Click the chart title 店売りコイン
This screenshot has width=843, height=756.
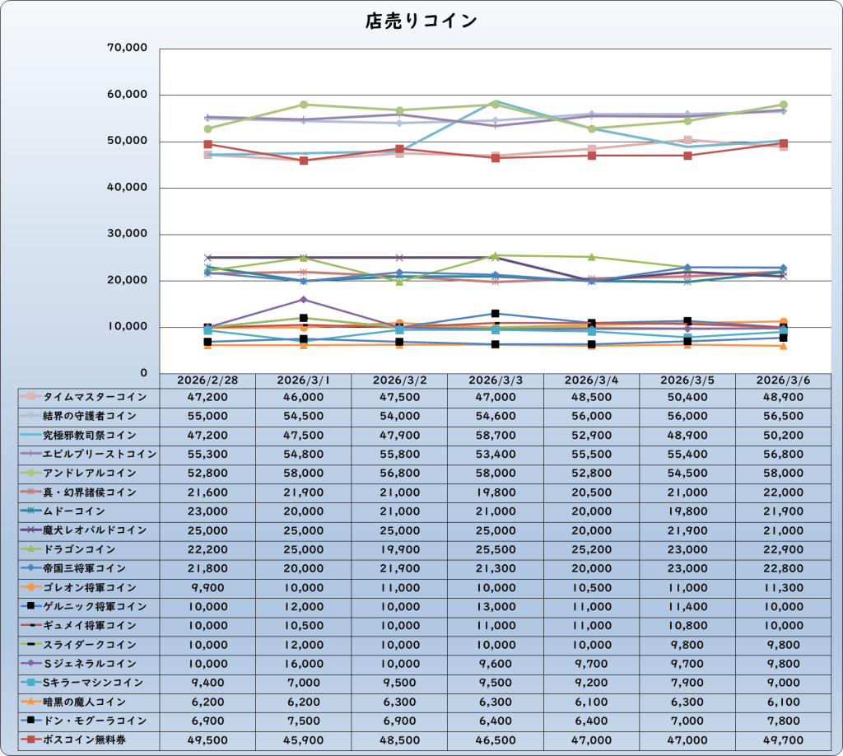[x=421, y=21]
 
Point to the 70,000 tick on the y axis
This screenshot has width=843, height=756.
[x=127, y=49]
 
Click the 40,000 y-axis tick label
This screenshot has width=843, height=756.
[x=127, y=188]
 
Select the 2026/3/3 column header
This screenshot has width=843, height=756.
[x=495, y=380]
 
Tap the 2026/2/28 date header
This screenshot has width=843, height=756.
[x=207, y=380]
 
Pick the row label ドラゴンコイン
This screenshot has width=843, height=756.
[x=79, y=549]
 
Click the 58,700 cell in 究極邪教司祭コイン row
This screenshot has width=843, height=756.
[x=495, y=435]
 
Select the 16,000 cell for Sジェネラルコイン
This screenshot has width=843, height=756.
[x=303, y=664]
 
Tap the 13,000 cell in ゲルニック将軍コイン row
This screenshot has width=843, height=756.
[x=495, y=607]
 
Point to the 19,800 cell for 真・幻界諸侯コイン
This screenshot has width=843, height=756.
[x=495, y=492]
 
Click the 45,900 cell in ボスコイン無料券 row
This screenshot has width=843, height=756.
[x=303, y=740]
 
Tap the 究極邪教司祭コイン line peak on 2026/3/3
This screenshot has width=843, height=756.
[x=496, y=101]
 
